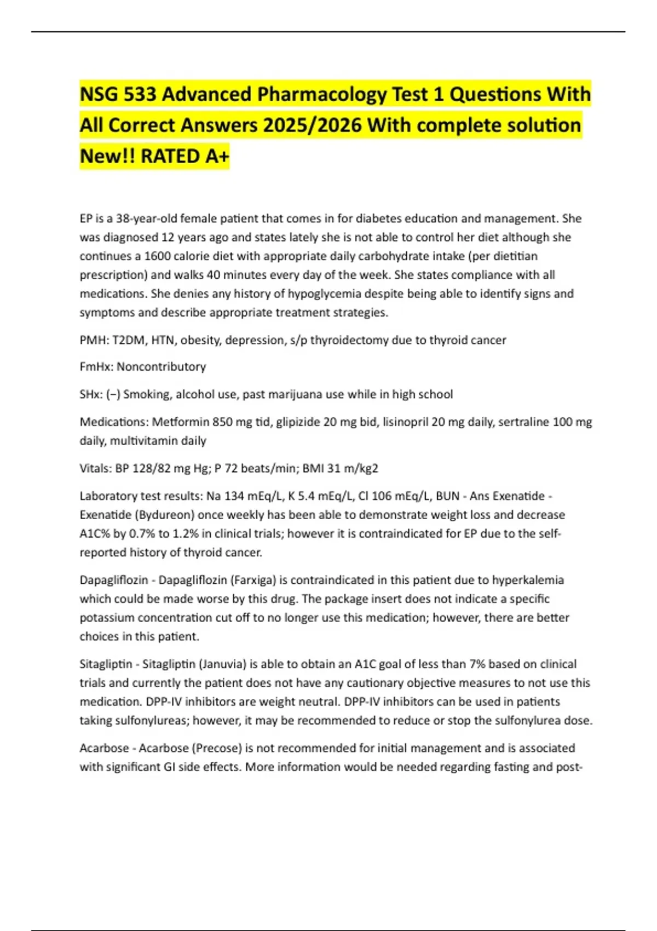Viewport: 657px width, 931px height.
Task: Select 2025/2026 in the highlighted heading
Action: [312, 125]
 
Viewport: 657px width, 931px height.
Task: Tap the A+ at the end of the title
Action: [217, 157]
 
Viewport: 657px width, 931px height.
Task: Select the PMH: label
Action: [94, 340]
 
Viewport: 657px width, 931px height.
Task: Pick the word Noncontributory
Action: [162, 367]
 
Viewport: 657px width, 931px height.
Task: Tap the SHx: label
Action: [91, 394]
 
